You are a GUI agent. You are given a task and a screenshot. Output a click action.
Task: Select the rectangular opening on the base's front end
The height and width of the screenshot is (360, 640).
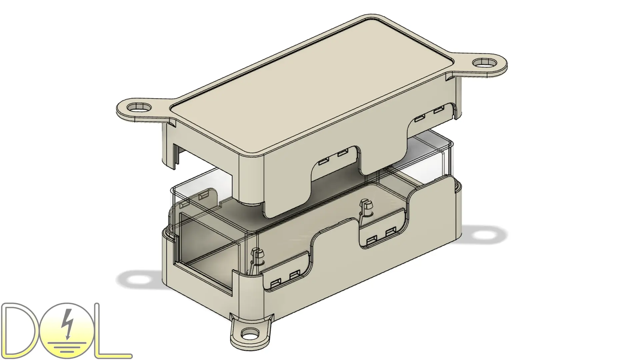[x=205, y=253]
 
